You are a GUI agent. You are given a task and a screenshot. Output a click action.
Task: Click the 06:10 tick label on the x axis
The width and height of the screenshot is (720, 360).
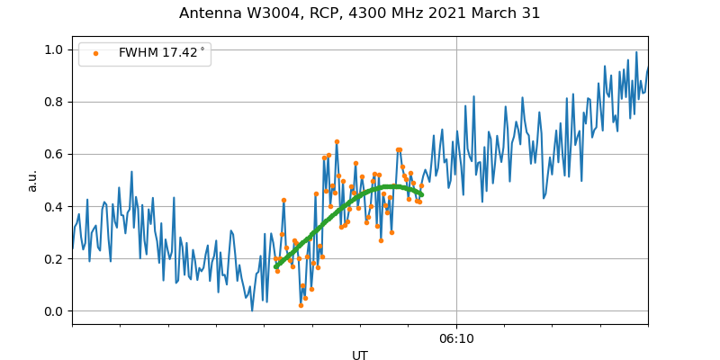click(x=456, y=338)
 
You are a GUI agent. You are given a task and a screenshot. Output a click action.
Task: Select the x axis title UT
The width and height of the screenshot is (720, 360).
click(x=360, y=355)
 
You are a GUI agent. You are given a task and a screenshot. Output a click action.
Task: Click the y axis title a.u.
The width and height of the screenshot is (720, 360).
click(x=32, y=180)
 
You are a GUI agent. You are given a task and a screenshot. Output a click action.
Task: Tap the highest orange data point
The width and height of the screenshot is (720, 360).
click(x=337, y=141)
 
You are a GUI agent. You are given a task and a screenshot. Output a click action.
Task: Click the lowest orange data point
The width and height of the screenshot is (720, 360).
click(x=301, y=305)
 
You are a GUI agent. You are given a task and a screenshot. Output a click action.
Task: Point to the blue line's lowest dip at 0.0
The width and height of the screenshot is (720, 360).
click(x=252, y=310)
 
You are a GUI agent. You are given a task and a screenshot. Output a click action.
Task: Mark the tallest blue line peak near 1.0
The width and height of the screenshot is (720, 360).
click(x=636, y=52)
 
